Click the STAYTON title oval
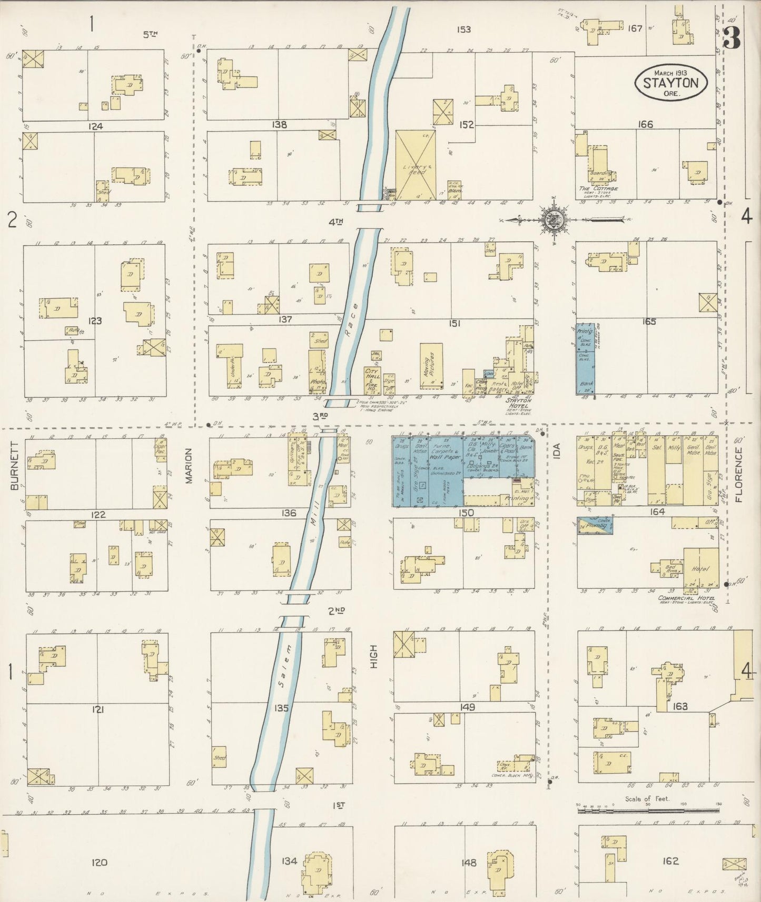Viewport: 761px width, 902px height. tap(670, 82)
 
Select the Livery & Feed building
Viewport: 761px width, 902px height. tap(416, 164)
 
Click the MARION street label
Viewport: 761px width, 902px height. tap(189, 465)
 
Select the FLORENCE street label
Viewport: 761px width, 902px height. tap(738, 475)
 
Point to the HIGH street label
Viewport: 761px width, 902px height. tap(374, 658)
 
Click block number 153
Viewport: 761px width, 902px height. tap(463, 29)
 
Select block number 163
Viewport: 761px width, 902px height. tap(680, 706)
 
